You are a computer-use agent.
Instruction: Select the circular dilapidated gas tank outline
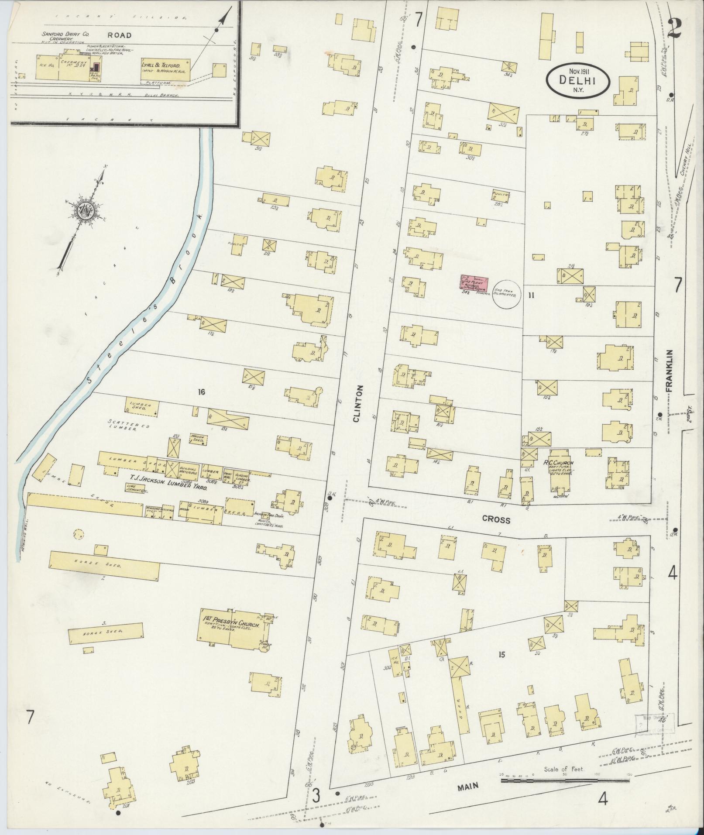[507, 294]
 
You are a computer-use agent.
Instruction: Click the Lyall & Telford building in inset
[165, 69]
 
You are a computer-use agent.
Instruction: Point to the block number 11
[531, 295]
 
